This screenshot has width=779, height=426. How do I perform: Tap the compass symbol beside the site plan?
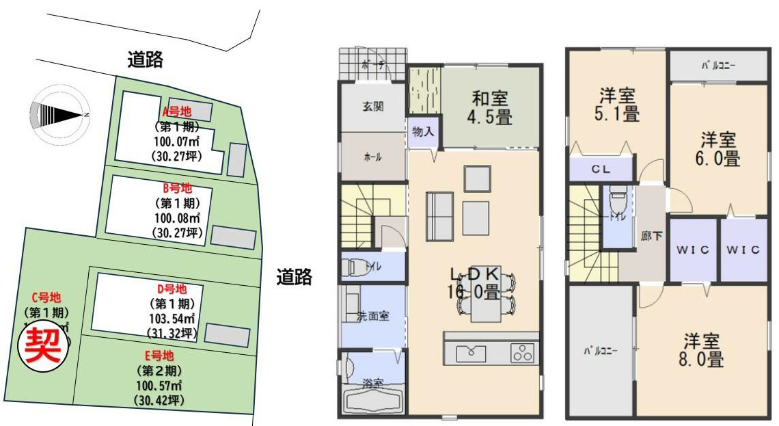(x=59, y=115)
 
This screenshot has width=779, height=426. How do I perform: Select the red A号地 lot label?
(x=176, y=111)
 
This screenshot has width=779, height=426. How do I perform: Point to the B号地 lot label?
(x=177, y=188)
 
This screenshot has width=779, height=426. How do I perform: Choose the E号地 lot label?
(x=159, y=356)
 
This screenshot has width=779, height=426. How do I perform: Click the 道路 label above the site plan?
(x=145, y=60)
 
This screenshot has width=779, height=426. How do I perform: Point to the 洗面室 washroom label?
(x=372, y=316)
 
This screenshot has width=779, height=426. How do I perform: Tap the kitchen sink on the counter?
(x=471, y=354)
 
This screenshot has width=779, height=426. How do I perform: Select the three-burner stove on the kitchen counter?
(x=523, y=354)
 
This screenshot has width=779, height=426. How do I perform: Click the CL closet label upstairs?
(x=601, y=169)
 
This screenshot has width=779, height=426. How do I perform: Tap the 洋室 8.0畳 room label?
(x=702, y=349)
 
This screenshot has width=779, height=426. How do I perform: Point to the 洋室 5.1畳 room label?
(x=619, y=105)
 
